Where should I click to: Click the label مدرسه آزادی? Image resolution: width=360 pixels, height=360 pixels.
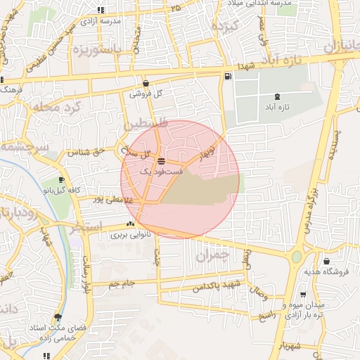coord(102,21)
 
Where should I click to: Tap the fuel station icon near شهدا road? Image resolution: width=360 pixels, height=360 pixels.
coord(227,77)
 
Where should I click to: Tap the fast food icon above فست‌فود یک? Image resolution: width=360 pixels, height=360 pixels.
coord(162,161)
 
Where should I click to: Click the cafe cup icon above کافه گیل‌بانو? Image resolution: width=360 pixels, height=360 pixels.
coord(61,180)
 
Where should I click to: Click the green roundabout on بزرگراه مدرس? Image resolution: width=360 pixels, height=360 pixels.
coord(297,257)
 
